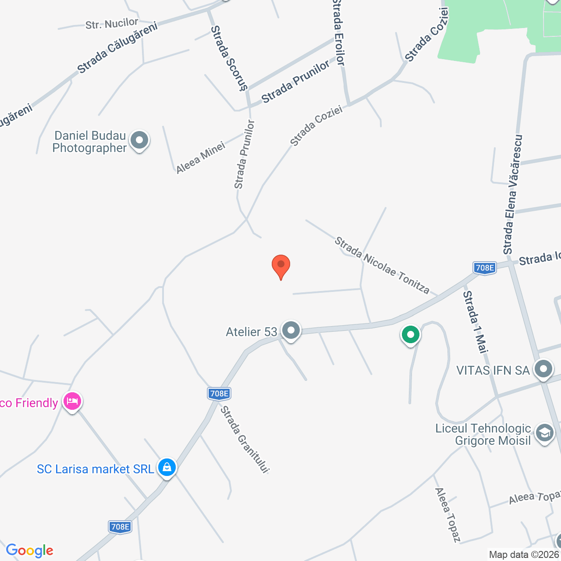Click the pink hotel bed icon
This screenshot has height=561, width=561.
pos(72,401)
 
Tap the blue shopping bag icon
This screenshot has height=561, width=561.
pos(167,468)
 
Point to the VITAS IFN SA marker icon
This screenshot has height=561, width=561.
pos(543,369)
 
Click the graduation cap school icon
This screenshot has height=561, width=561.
pos(544,433)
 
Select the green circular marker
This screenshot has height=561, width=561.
pos(411,335)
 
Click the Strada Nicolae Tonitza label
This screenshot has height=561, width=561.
pos(382,265)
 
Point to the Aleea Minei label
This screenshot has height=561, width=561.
pos(201,157)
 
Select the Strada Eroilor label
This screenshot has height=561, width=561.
pos(339,33)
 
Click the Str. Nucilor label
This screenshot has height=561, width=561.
pos(112,24)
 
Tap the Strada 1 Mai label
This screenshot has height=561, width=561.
pos(476,322)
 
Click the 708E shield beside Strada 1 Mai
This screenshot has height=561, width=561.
pos(484,268)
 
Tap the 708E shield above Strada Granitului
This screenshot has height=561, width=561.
pos(219,394)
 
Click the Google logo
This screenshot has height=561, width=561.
pos(30,550)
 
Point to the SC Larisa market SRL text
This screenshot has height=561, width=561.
pos(96,469)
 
